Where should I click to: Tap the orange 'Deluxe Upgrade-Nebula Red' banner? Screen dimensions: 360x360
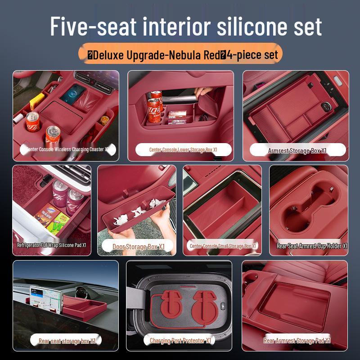tap(180, 54)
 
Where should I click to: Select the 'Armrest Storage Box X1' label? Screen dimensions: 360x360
tap(297, 151)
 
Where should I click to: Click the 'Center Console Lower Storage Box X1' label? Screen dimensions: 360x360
tap(183, 150)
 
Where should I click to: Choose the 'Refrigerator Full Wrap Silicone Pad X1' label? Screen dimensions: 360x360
tap(51, 245)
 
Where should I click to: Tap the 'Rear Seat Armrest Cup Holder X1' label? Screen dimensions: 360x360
tap(312, 246)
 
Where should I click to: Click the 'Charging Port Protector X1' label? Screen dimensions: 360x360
tap(180, 341)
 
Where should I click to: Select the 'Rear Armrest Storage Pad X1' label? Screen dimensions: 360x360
tap(297, 341)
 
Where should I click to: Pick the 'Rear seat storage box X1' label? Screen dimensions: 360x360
tap(67, 341)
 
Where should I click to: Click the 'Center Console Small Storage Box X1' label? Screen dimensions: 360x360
tap(223, 246)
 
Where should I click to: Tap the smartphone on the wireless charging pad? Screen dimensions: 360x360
tap(73, 93)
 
